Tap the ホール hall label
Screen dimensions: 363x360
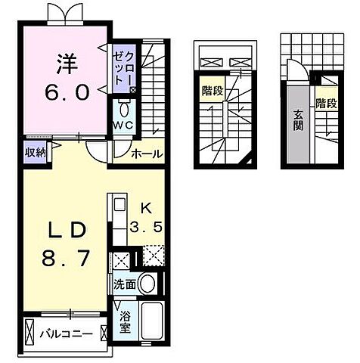[146, 154]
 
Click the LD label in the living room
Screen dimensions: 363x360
[62, 228]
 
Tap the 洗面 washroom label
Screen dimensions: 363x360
[126, 286]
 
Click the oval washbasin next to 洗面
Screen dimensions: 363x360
[147, 284]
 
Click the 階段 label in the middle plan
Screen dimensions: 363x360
[212, 92]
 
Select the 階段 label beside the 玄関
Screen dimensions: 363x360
[326, 104]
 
